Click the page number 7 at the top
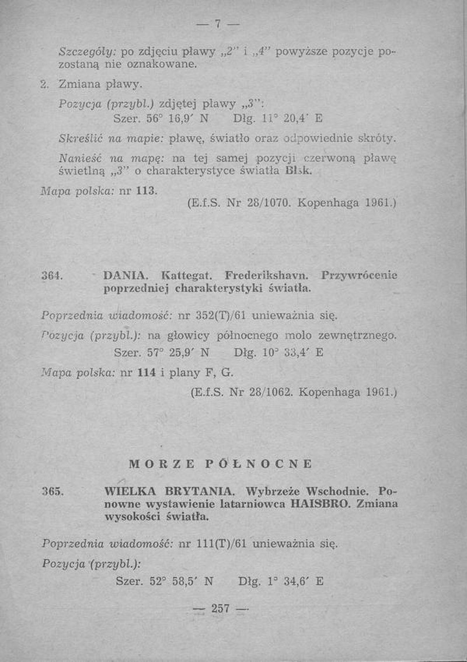point(217,24)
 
